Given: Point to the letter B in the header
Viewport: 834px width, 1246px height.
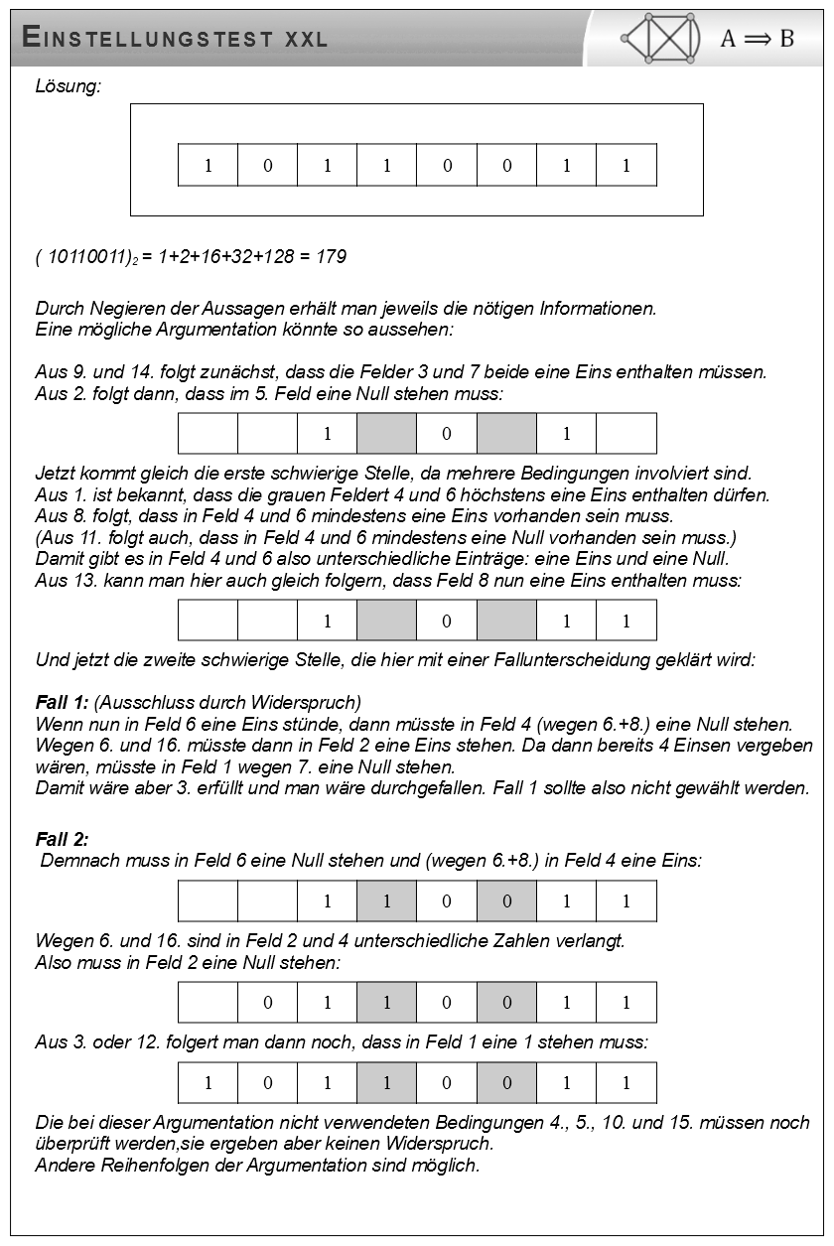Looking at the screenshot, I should click(x=787, y=39).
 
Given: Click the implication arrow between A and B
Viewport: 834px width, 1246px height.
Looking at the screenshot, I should click(x=759, y=39).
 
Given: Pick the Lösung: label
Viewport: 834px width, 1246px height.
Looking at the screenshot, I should click(x=69, y=87).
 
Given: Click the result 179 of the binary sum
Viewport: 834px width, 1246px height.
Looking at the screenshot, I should click(x=331, y=258).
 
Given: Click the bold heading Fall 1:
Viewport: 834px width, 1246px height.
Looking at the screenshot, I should click(x=63, y=703).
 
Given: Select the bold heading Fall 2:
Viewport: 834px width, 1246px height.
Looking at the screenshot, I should click(x=63, y=840).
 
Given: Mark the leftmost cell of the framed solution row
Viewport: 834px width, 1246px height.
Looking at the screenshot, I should click(x=208, y=165).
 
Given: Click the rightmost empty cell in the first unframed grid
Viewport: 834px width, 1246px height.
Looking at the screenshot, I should click(x=625, y=434).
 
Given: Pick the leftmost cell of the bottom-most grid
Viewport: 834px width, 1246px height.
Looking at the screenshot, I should click(x=208, y=1083).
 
